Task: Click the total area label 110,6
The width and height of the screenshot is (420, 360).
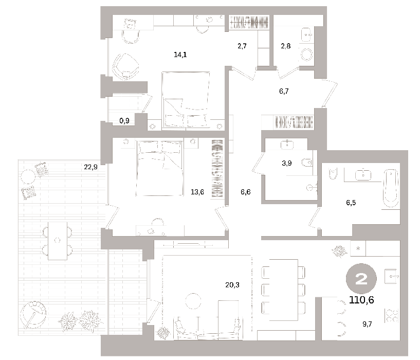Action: [361, 300]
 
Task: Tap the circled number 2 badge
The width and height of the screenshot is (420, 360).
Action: [361, 279]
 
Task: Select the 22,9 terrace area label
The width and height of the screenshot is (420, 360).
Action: [91, 167]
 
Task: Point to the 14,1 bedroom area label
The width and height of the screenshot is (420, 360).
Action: [180, 55]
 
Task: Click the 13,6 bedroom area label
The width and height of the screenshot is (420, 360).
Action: [197, 192]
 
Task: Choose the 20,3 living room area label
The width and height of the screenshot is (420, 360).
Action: [232, 285]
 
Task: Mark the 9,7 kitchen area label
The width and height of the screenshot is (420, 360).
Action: [367, 324]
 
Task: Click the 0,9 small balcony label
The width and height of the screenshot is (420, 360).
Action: [124, 121]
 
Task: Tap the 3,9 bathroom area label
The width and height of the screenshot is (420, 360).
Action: [287, 163]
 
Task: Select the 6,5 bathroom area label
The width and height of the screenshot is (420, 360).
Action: [351, 203]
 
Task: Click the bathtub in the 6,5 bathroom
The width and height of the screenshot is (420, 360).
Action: [391, 188]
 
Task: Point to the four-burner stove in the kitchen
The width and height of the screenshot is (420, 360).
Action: [392, 315]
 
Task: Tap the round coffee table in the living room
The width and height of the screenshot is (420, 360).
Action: [193, 301]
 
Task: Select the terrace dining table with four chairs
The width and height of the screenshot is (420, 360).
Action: [58, 241]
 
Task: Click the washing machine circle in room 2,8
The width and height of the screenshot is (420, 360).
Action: [306, 55]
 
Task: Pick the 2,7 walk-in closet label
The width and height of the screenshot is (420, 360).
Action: [242, 46]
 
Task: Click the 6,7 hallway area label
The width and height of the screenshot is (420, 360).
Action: [284, 92]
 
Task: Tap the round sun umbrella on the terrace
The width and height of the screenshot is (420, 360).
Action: [33, 314]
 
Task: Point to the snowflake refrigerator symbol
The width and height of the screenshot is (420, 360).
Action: [358, 248]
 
